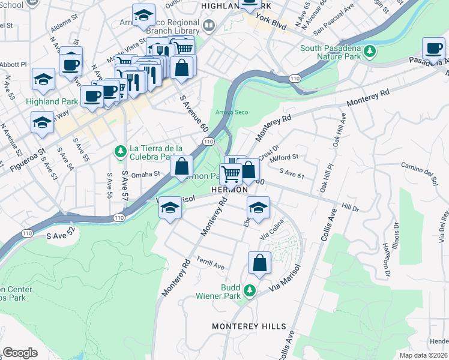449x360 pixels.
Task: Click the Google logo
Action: pyautogui.click(x=20, y=353)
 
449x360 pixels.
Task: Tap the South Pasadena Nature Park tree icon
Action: pyautogui.click(x=371, y=49)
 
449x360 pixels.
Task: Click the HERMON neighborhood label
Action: pyautogui.click(x=230, y=190)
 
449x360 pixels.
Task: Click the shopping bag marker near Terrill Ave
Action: pyautogui.click(x=259, y=263)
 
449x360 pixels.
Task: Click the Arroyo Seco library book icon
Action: pyautogui.click(x=209, y=26)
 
